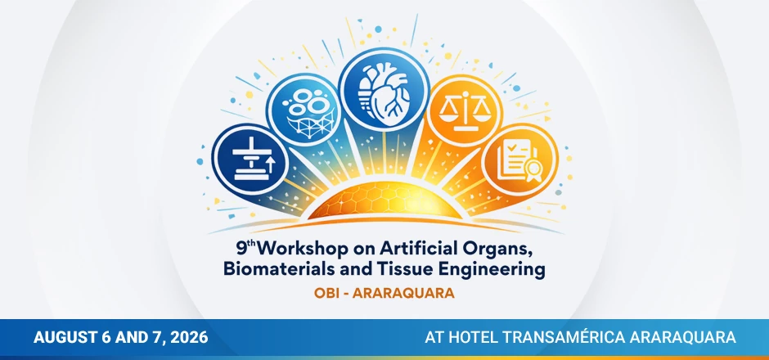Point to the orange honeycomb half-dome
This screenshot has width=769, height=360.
click(384, 200)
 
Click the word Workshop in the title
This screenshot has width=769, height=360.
click(289, 248)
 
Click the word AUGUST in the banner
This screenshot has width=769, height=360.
click(67, 337)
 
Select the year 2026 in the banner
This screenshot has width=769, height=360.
click(185, 337)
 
